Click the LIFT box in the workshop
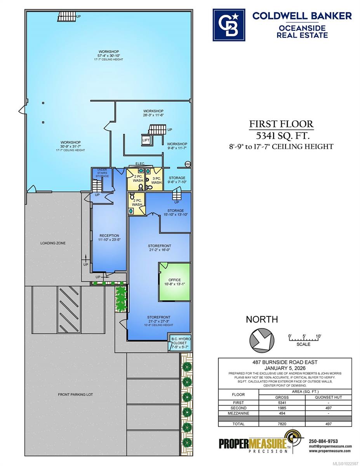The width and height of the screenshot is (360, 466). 146,140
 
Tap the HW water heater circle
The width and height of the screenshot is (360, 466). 188,164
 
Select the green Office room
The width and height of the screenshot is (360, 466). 174,282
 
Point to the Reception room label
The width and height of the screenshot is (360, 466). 109,238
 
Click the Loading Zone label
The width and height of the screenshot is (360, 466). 53,243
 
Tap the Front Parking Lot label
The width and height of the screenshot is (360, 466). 75,395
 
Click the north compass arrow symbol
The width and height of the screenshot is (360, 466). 262,339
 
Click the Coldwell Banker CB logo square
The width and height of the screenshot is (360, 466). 229,25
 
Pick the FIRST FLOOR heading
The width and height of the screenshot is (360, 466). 281,124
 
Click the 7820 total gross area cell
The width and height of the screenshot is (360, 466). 282,424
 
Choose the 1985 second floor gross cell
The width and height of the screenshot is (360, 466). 282,408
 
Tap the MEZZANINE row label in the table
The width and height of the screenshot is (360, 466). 238,413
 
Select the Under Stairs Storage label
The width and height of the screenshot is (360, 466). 102,173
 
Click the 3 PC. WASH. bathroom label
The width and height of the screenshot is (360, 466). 157,181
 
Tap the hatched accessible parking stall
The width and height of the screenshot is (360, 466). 70,310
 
